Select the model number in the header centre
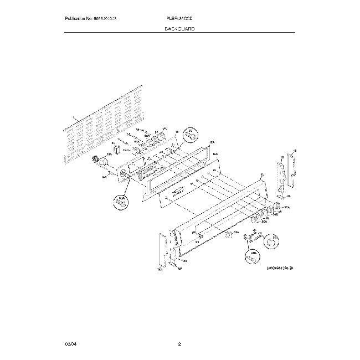coord(180,18)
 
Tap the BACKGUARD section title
coord(180,28)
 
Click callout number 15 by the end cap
coord(294,151)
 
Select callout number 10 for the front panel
coord(262,175)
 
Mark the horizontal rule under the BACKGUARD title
coord(180,33)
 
